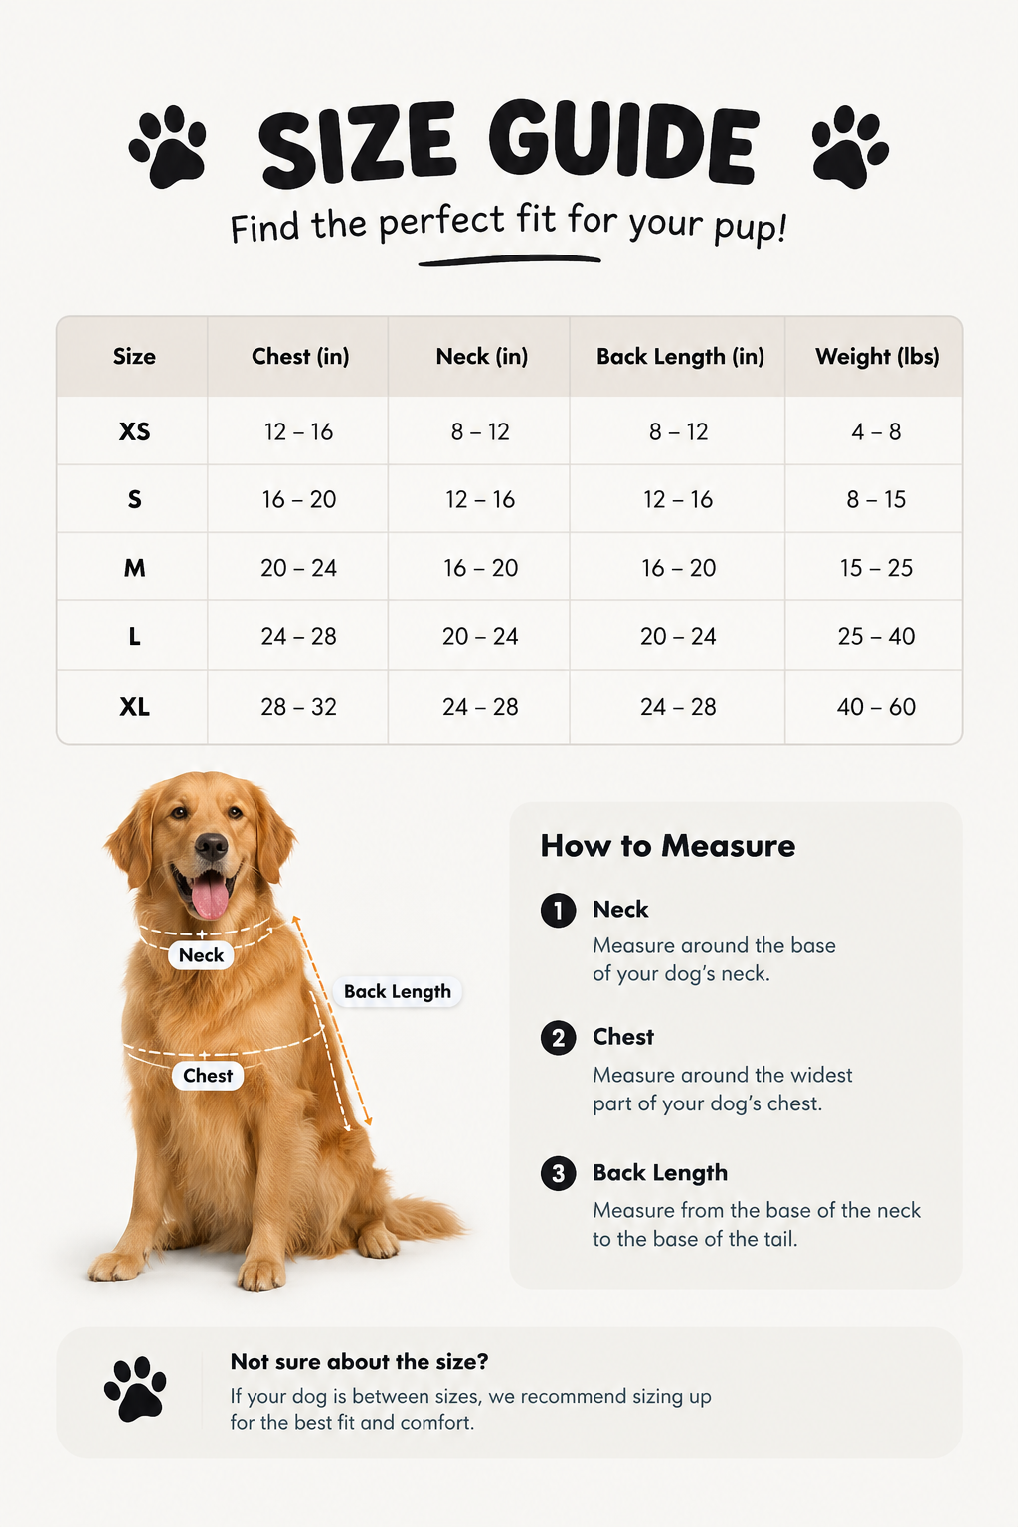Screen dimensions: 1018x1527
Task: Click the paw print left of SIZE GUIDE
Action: click(168, 146)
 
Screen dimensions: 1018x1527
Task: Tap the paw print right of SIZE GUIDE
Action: click(850, 146)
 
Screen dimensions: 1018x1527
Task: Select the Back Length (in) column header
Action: click(680, 357)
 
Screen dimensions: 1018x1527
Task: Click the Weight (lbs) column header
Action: click(877, 357)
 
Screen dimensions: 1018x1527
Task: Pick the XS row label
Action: click(134, 431)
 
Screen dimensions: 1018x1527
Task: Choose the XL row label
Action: click(134, 706)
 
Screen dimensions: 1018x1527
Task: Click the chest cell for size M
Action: click(298, 568)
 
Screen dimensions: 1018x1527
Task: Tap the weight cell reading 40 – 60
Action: click(876, 706)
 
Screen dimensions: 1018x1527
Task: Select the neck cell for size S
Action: click(480, 500)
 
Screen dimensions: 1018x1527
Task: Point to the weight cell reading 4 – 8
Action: click(876, 431)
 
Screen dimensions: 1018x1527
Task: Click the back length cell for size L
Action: click(678, 636)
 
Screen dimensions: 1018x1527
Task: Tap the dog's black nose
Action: click(211, 847)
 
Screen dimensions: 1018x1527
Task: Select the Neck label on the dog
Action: click(201, 955)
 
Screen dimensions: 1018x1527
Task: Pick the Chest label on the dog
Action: click(208, 1075)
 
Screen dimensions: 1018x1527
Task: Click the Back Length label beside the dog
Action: click(397, 991)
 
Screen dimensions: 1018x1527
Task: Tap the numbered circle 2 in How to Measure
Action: click(559, 1038)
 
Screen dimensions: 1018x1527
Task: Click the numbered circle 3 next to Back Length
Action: click(559, 1173)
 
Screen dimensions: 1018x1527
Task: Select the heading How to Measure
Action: click(667, 846)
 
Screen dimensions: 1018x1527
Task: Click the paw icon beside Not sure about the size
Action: click(135, 1389)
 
